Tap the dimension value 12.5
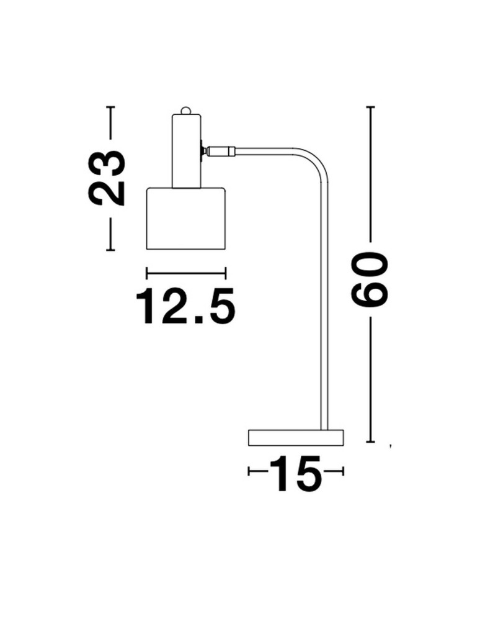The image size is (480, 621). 185,306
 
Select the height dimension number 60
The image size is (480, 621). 370,280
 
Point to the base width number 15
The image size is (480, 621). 296,474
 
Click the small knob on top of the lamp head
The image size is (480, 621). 185,111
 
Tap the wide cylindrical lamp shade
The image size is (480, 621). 186,218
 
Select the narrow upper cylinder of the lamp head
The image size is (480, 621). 186,150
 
